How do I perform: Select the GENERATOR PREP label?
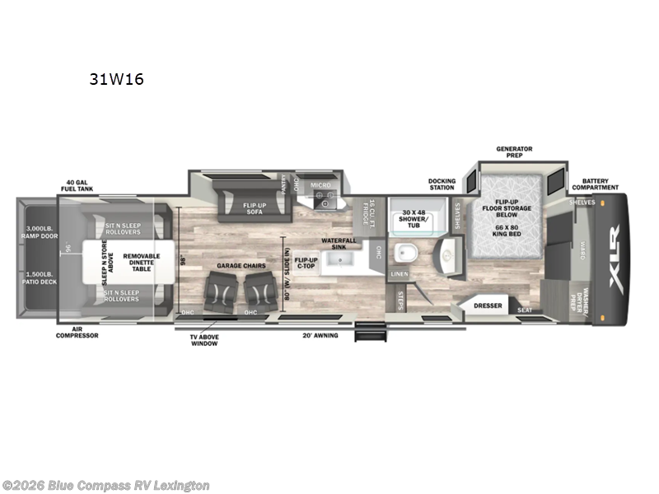click(x=514, y=152)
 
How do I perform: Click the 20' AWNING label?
click(x=321, y=335)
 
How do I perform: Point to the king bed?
click(x=512, y=221)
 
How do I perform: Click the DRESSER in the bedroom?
click(x=487, y=305)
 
